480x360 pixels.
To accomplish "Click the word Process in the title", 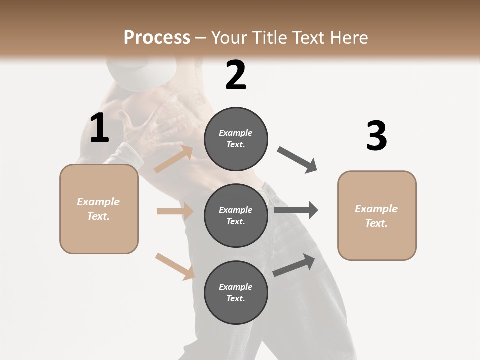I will pos(157,37).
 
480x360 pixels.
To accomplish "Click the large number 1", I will pos(99,128).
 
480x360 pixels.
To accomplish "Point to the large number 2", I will pos(236,75).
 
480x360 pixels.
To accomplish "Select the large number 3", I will pos(376,136).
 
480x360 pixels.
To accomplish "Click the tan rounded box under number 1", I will pos(99,209).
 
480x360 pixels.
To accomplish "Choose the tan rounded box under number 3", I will pos(377,215).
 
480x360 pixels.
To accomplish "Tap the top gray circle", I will pos(236,139).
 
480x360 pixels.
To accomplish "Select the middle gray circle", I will pos(236,215).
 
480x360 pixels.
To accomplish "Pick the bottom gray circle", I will pos(236,292).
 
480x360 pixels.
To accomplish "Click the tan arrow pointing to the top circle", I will pos(174,159).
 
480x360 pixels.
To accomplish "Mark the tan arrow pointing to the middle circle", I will pos(175,211).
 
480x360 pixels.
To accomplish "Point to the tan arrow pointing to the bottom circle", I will pos(175,266).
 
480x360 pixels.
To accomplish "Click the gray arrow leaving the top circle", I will pos(297,160).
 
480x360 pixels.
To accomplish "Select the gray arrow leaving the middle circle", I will pos(296,210).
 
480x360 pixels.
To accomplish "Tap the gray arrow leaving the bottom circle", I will pos(294,265).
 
